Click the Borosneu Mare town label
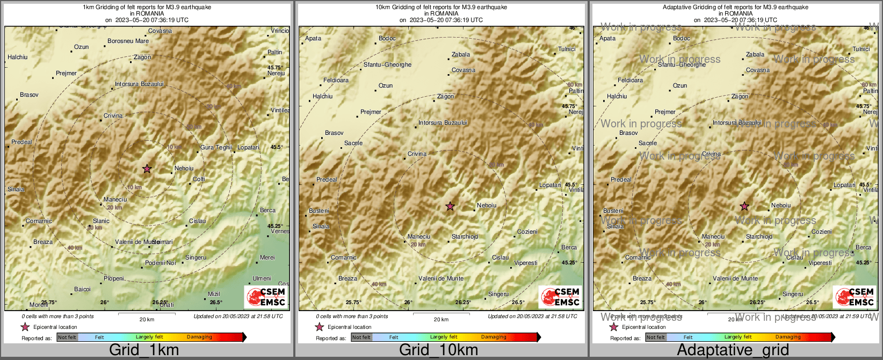pyautogui.click(x=128, y=41)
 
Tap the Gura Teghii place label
pyautogui.click(x=216, y=147)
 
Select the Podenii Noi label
pyautogui.click(x=161, y=263)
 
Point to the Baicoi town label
pyautogui.click(x=82, y=290)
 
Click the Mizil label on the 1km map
pyautogui.click(x=214, y=294)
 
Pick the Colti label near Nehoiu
pyautogui.click(x=199, y=179)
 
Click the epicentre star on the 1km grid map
pyautogui.click(x=147, y=169)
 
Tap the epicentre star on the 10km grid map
pyautogui.click(x=450, y=206)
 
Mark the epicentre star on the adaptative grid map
pyautogui.click(x=744, y=206)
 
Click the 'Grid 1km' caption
pyautogui.click(x=144, y=350)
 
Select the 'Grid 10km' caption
pyautogui.click(x=438, y=350)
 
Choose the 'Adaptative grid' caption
pyautogui.click(x=733, y=350)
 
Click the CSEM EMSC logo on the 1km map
pyautogui.click(x=266, y=297)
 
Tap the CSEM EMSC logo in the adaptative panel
pyautogui.click(x=855, y=297)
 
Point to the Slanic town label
pyautogui.click(x=101, y=221)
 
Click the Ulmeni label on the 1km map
pyautogui.click(x=262, y=279)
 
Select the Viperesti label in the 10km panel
pyautogui.click(x=526, y=263)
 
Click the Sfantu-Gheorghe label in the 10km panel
pyautogui.click(x=387, y=65)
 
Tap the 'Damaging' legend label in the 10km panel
pyautogui.click(x=494, y=337)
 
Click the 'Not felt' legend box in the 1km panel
pyautogui.click(x=67, y=337)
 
